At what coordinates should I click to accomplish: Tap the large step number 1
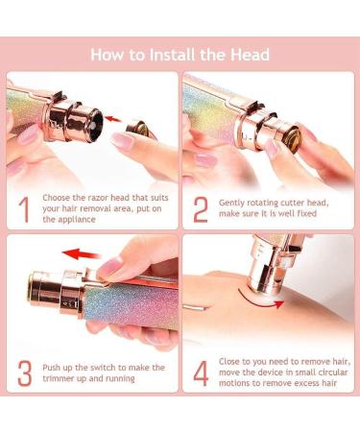click(x=22, y=210)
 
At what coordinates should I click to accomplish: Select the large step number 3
click(x=22, y=373)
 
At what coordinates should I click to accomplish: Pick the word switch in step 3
click(x=102, y=367)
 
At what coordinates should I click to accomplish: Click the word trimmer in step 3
click(x=63, y=379)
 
